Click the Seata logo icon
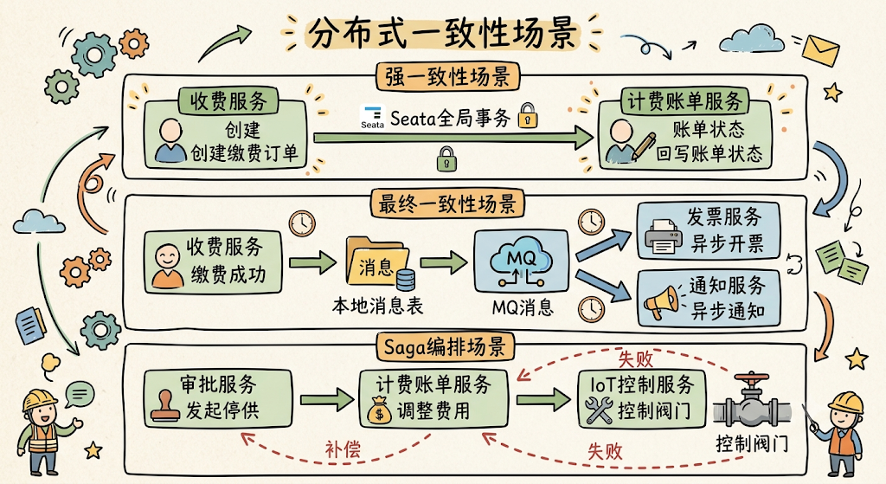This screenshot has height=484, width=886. (x=372, y=117)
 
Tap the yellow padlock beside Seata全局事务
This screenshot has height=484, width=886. (x=528, y=115)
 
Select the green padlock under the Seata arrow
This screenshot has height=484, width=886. (x=446, y=159)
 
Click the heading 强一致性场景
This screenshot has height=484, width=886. (x=447, y=76)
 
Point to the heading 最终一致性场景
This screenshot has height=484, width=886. (x=447, y=203)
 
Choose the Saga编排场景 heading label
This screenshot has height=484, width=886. (x=446, y=346)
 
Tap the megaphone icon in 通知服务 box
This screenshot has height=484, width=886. (x=661, y=302)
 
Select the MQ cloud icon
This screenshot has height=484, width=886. (x=521, y=261)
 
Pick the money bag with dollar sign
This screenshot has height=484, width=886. (x=379, y=410)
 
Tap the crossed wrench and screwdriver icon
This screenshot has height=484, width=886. (x=599, y=410)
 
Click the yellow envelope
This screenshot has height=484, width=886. (x=820, y=49)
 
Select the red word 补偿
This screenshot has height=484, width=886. (x=343, y=449)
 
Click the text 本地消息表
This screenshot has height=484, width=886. (x=377, y=306)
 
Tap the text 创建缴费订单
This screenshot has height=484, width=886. (x=243, y=153)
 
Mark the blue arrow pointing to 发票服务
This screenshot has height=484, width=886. (x=603, y=245)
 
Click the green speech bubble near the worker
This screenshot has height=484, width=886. (x=79, y=394)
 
